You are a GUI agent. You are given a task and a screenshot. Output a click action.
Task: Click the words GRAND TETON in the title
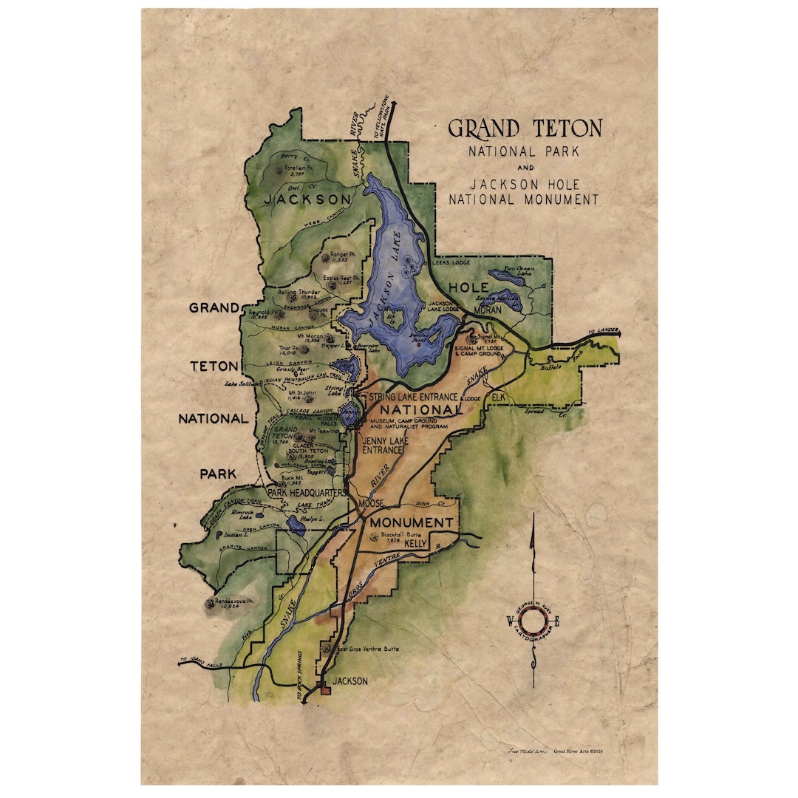pyautogui.click(x=525, y=129)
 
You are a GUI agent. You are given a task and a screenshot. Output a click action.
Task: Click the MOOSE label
pyautogui.click(x=372, y=503)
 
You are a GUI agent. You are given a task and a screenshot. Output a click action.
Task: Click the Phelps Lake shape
pyautogui.click(x=297, y=526)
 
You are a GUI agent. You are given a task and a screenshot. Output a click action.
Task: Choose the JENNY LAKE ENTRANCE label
pyautogui.click(x=381, y=445)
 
